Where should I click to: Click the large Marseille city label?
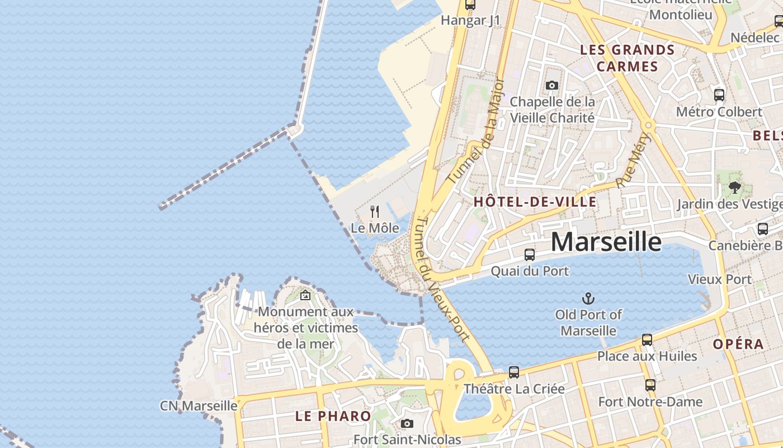point(606,241)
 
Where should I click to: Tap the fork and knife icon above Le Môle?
point(375,212)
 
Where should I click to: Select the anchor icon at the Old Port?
point(588,298)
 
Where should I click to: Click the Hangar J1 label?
point(470,21)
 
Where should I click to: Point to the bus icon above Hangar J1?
point(470,5)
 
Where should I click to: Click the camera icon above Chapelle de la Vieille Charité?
point(552,85)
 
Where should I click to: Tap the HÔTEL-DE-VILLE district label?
point(535,202)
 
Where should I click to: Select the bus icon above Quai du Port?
point(529,255)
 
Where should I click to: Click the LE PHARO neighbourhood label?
point(333,416)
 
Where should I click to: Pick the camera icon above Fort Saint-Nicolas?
point(407,423)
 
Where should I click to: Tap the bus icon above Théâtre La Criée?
point(513,372)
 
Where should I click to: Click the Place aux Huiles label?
point(647,356)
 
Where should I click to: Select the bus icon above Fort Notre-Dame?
point(650,385)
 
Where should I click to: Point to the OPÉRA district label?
point(738,344)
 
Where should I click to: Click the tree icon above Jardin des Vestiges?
point(735,188)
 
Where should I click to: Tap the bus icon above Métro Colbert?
point(719,95)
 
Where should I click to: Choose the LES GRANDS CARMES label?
point(628,58)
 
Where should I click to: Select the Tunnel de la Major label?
point(477,130)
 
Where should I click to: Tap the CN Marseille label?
point(199,405)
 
